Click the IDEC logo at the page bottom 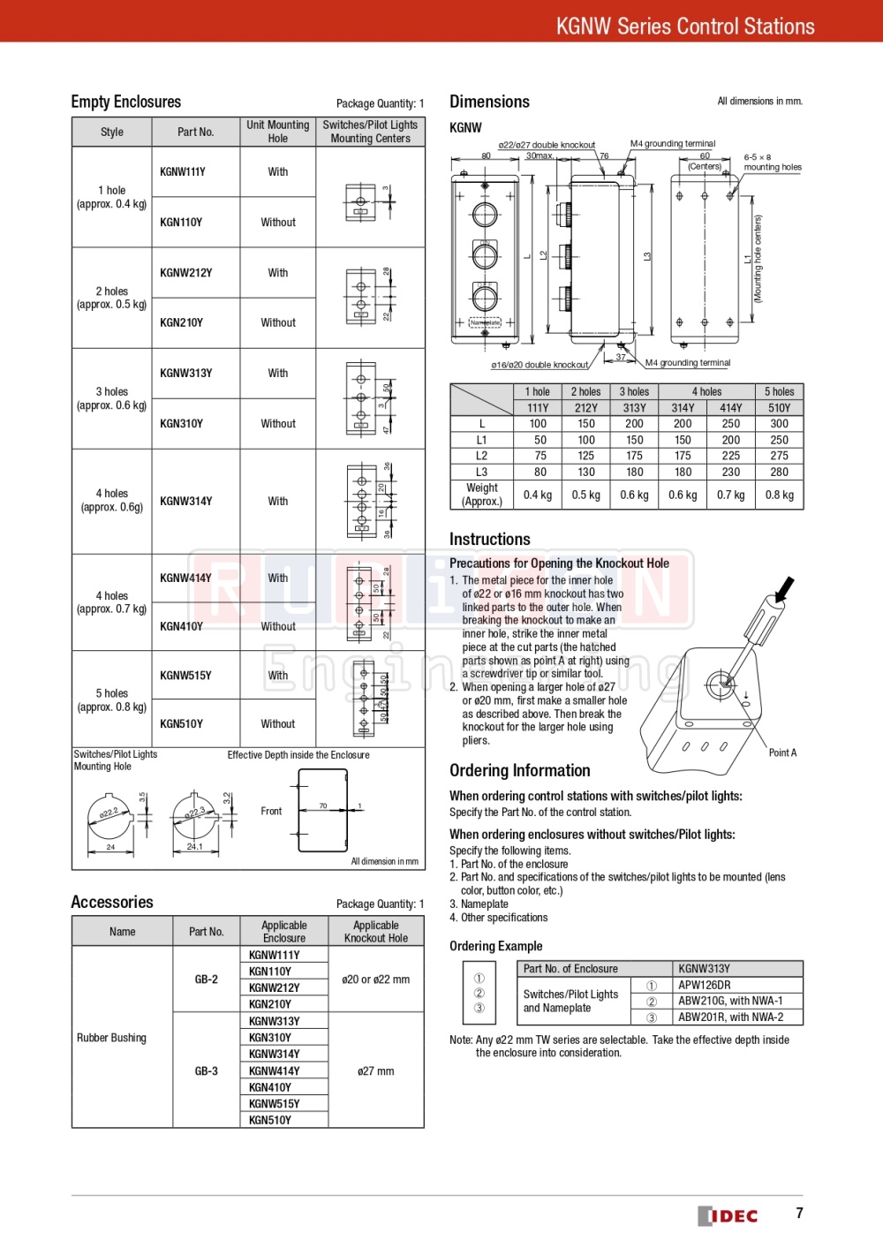pyautogui.click(x=728, y=1215)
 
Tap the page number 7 pyautogui.click(x=799, y=1213)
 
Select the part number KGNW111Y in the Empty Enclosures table pyautogui.click(x=183, y=172)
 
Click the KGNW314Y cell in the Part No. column pyautogui.click(x=186, y=501)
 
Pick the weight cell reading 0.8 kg pyautogui.click(x=779, y=495)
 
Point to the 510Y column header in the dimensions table pyautogui.click(x=779, y=408)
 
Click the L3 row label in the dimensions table pyautogui.click(x=481, y=472)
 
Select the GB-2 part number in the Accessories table pyautogui.click(x=207, y=979)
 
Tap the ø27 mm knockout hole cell pyautogui.click(x=376, y=1071)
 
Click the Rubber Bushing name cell pyautogui.click(x=111, y=1038)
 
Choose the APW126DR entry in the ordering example pyautogui.click(x=705, y=985)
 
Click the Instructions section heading pyautogui.click(x=490, y=539)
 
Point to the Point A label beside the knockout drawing pyautogui.click(x=782, y=753)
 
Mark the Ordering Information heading pyautogui.click(x=520, y=770)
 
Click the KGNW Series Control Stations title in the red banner pyautogui.click(x=685, y=26)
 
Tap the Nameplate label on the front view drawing pyautogui.click(x=485, y=322)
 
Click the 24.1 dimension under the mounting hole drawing pyautogui.click(x=194, y=846)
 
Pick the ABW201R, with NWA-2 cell pyautogui.click(x=730, y=1017)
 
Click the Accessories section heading pyautogui.click(x=112, y=902)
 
